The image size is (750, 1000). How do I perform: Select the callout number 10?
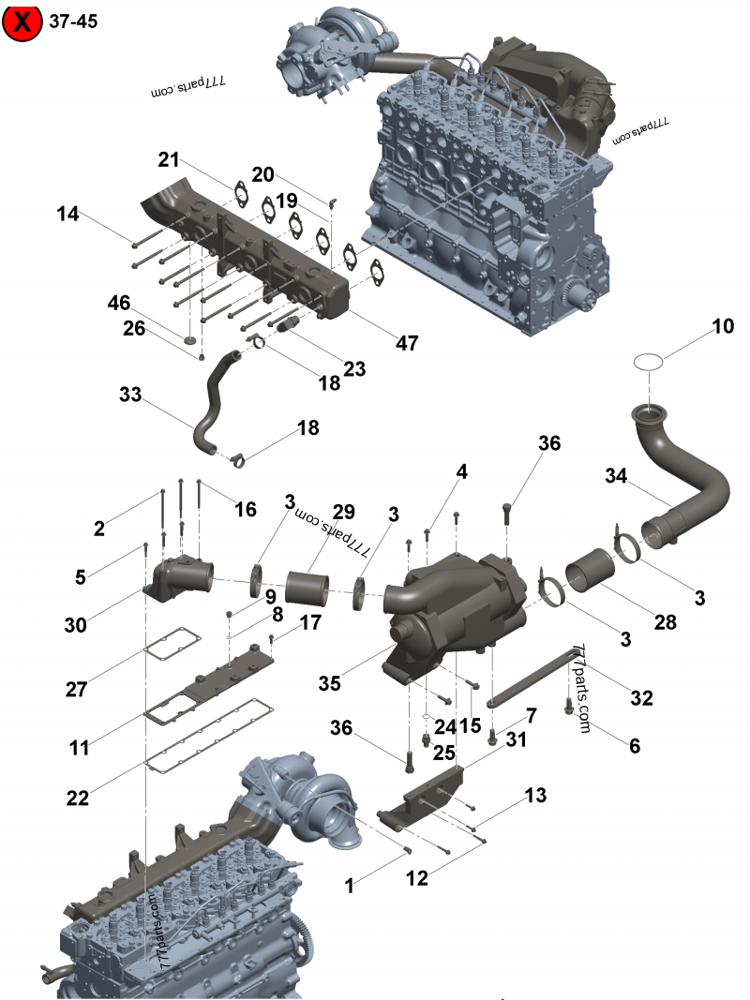point(723,327)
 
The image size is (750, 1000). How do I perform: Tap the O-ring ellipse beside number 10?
point(649,361)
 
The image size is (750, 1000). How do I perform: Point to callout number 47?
point(407,343)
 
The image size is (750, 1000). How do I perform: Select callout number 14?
point(67,214)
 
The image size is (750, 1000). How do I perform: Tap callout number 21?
point(169,160)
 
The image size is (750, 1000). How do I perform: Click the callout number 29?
point(344,512)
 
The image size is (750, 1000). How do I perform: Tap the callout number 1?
point(350,884)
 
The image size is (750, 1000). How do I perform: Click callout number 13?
point(535,796)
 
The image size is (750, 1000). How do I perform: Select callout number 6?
point(635,746)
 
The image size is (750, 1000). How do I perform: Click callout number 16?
point(245,509)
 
